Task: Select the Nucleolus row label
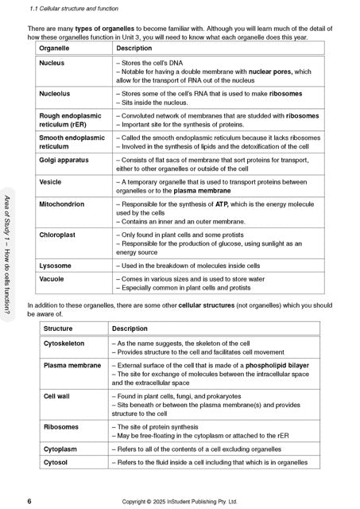55,94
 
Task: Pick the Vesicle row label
51,181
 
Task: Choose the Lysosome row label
56,265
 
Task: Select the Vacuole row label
52,279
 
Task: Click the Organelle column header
55,48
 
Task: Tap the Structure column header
58,328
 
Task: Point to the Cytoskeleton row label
64,344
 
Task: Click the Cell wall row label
56,396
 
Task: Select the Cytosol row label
56,461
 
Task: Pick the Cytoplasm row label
60,449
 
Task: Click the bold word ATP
222,204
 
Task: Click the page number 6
29,502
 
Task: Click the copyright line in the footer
180,502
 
